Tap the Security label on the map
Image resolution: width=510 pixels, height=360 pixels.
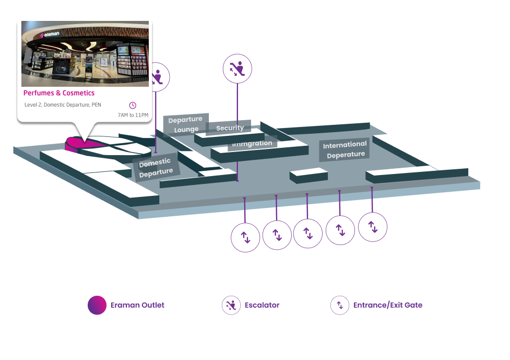coord(230,128)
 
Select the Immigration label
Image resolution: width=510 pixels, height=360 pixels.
coord(253,143)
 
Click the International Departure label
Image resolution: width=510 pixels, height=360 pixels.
coord(345,149)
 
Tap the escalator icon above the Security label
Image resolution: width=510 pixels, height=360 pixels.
coord(238,68)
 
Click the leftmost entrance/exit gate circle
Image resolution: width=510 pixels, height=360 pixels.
coord(245,237)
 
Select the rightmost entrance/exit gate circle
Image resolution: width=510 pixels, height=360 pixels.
coord(373,227)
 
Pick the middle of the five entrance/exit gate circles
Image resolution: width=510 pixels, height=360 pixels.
coord(308,233)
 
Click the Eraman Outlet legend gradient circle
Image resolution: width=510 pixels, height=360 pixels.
coord(97,305)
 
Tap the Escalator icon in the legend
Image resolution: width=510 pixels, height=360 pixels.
coord(231,305)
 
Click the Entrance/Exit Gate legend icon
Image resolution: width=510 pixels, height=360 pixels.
coord(340,305)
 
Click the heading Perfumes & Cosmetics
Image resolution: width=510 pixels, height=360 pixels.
coord(59,93)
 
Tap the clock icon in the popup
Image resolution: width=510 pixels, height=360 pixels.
coord(133,105)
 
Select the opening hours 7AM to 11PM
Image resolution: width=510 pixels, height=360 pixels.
coord(133,115)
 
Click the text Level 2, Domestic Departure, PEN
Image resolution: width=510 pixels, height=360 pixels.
coord(63,104)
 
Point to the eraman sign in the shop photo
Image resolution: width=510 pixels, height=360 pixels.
coord(51,35)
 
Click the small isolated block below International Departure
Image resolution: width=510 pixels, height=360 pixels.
coord(309,175)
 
